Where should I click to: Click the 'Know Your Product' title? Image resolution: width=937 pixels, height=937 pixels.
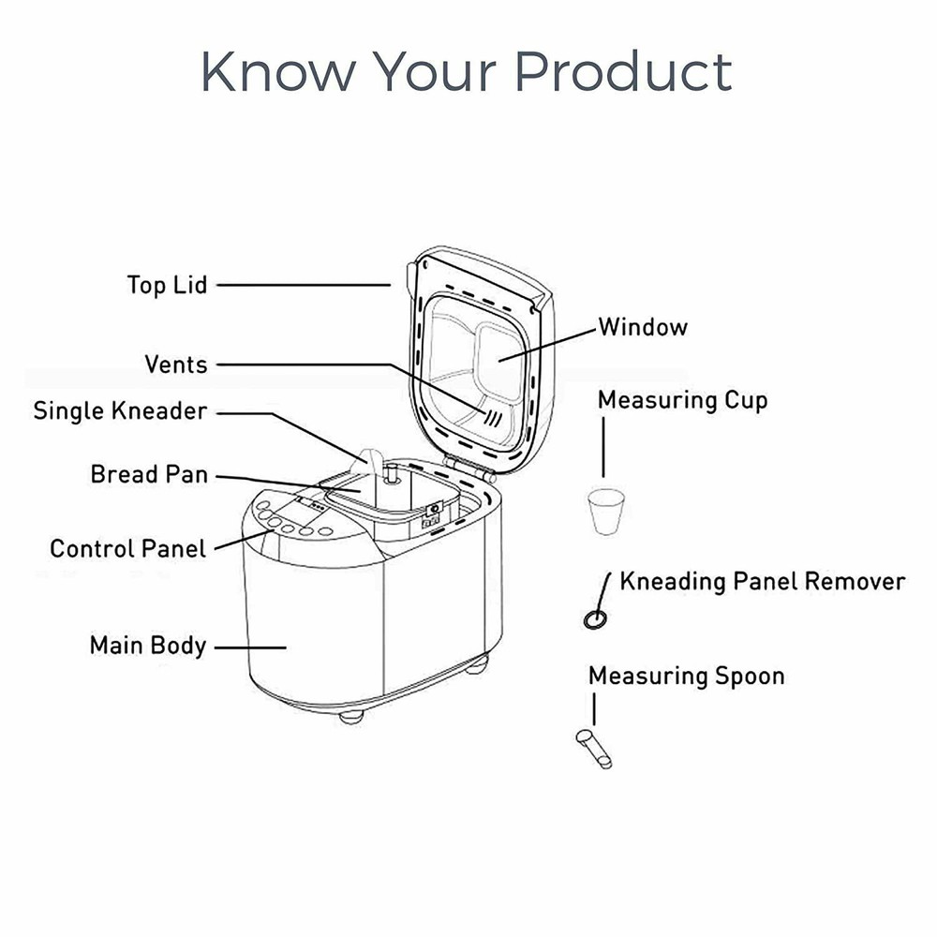(x=466, y=73)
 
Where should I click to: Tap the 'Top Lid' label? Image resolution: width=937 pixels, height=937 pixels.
(x=167, y=284)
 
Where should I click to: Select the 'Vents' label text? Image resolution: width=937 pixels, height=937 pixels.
(x=175, y=364)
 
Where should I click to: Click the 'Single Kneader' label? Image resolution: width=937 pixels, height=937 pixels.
(x=120, y=411)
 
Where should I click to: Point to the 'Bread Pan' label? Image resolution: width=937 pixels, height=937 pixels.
(x=149, y=474)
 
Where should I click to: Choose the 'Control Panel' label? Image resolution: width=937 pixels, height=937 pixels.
(x=127, y=548)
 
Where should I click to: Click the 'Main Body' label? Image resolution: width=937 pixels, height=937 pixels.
(x=147, y=646)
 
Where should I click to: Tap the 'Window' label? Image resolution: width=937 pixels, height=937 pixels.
(x=643, y=327)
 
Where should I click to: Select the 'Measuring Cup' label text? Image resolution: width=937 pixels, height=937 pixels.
(x=682, y=400)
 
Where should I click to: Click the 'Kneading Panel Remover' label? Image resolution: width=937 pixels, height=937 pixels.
(x=762, y=581)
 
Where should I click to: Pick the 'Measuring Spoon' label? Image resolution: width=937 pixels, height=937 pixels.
(x=686, y=676)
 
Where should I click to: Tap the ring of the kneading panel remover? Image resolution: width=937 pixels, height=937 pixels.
(x=593, y=618)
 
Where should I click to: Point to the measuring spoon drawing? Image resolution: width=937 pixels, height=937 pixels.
(x=594, y=750)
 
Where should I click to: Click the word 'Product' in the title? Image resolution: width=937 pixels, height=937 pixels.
(x=624, y=73)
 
